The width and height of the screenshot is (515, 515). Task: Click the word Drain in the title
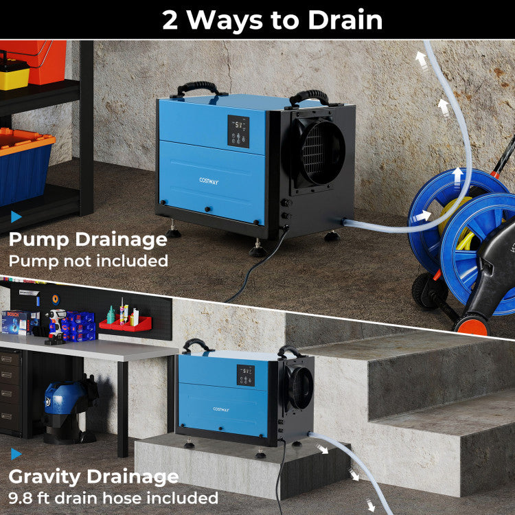(x=345, y=20)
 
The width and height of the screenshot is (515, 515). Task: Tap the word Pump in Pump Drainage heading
(x=38, y=240)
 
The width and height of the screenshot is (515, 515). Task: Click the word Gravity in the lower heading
(x=45, y=477)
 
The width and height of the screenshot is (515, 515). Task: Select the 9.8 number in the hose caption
(x=21, y=498)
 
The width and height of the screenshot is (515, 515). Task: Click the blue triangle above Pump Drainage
(x=16, y=217)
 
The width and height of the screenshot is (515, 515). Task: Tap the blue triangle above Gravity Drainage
(x=16, y=454)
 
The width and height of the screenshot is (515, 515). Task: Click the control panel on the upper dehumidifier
(x=238, y=131)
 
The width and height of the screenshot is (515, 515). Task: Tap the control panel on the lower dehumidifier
(x=246, y=375)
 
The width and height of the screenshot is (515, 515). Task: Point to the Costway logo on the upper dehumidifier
(x=209, y=181)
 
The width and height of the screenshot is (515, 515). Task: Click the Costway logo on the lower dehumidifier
(x=221, y=409)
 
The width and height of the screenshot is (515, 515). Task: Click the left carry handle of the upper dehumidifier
(x=198, y=89)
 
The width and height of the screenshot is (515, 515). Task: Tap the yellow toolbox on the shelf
(x=14, y=74)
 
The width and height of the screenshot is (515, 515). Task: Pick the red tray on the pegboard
(x=126, y=324)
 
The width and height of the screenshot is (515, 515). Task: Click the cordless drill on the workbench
(x=56, y=326)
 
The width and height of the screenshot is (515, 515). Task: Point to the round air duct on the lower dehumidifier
(x=299, y=388)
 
